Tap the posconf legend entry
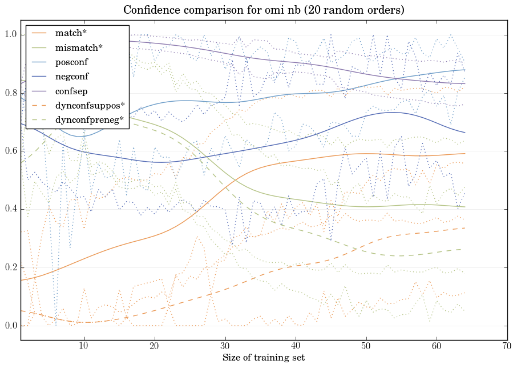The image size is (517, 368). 72,62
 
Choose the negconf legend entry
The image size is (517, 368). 72,77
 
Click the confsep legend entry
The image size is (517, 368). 71,91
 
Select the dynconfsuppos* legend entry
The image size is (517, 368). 90,106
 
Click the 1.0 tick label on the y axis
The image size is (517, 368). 11,35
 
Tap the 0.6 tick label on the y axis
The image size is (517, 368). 11,151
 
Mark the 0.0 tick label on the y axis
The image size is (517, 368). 11,326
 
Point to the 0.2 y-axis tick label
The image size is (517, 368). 11,268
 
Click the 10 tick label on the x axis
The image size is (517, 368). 84,346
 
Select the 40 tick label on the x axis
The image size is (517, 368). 296,346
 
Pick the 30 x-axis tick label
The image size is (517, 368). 225,346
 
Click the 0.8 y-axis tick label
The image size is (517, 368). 11,93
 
